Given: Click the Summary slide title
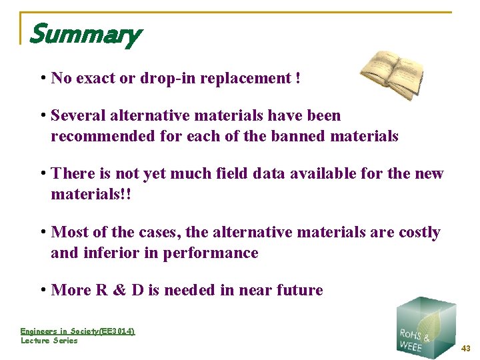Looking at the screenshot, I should click(x=85, y=34).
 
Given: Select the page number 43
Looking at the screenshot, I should click(x=465, y=348).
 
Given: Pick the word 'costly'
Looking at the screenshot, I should click(x=419, y=233).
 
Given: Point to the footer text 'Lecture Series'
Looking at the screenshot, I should click(x=49, y=341).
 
